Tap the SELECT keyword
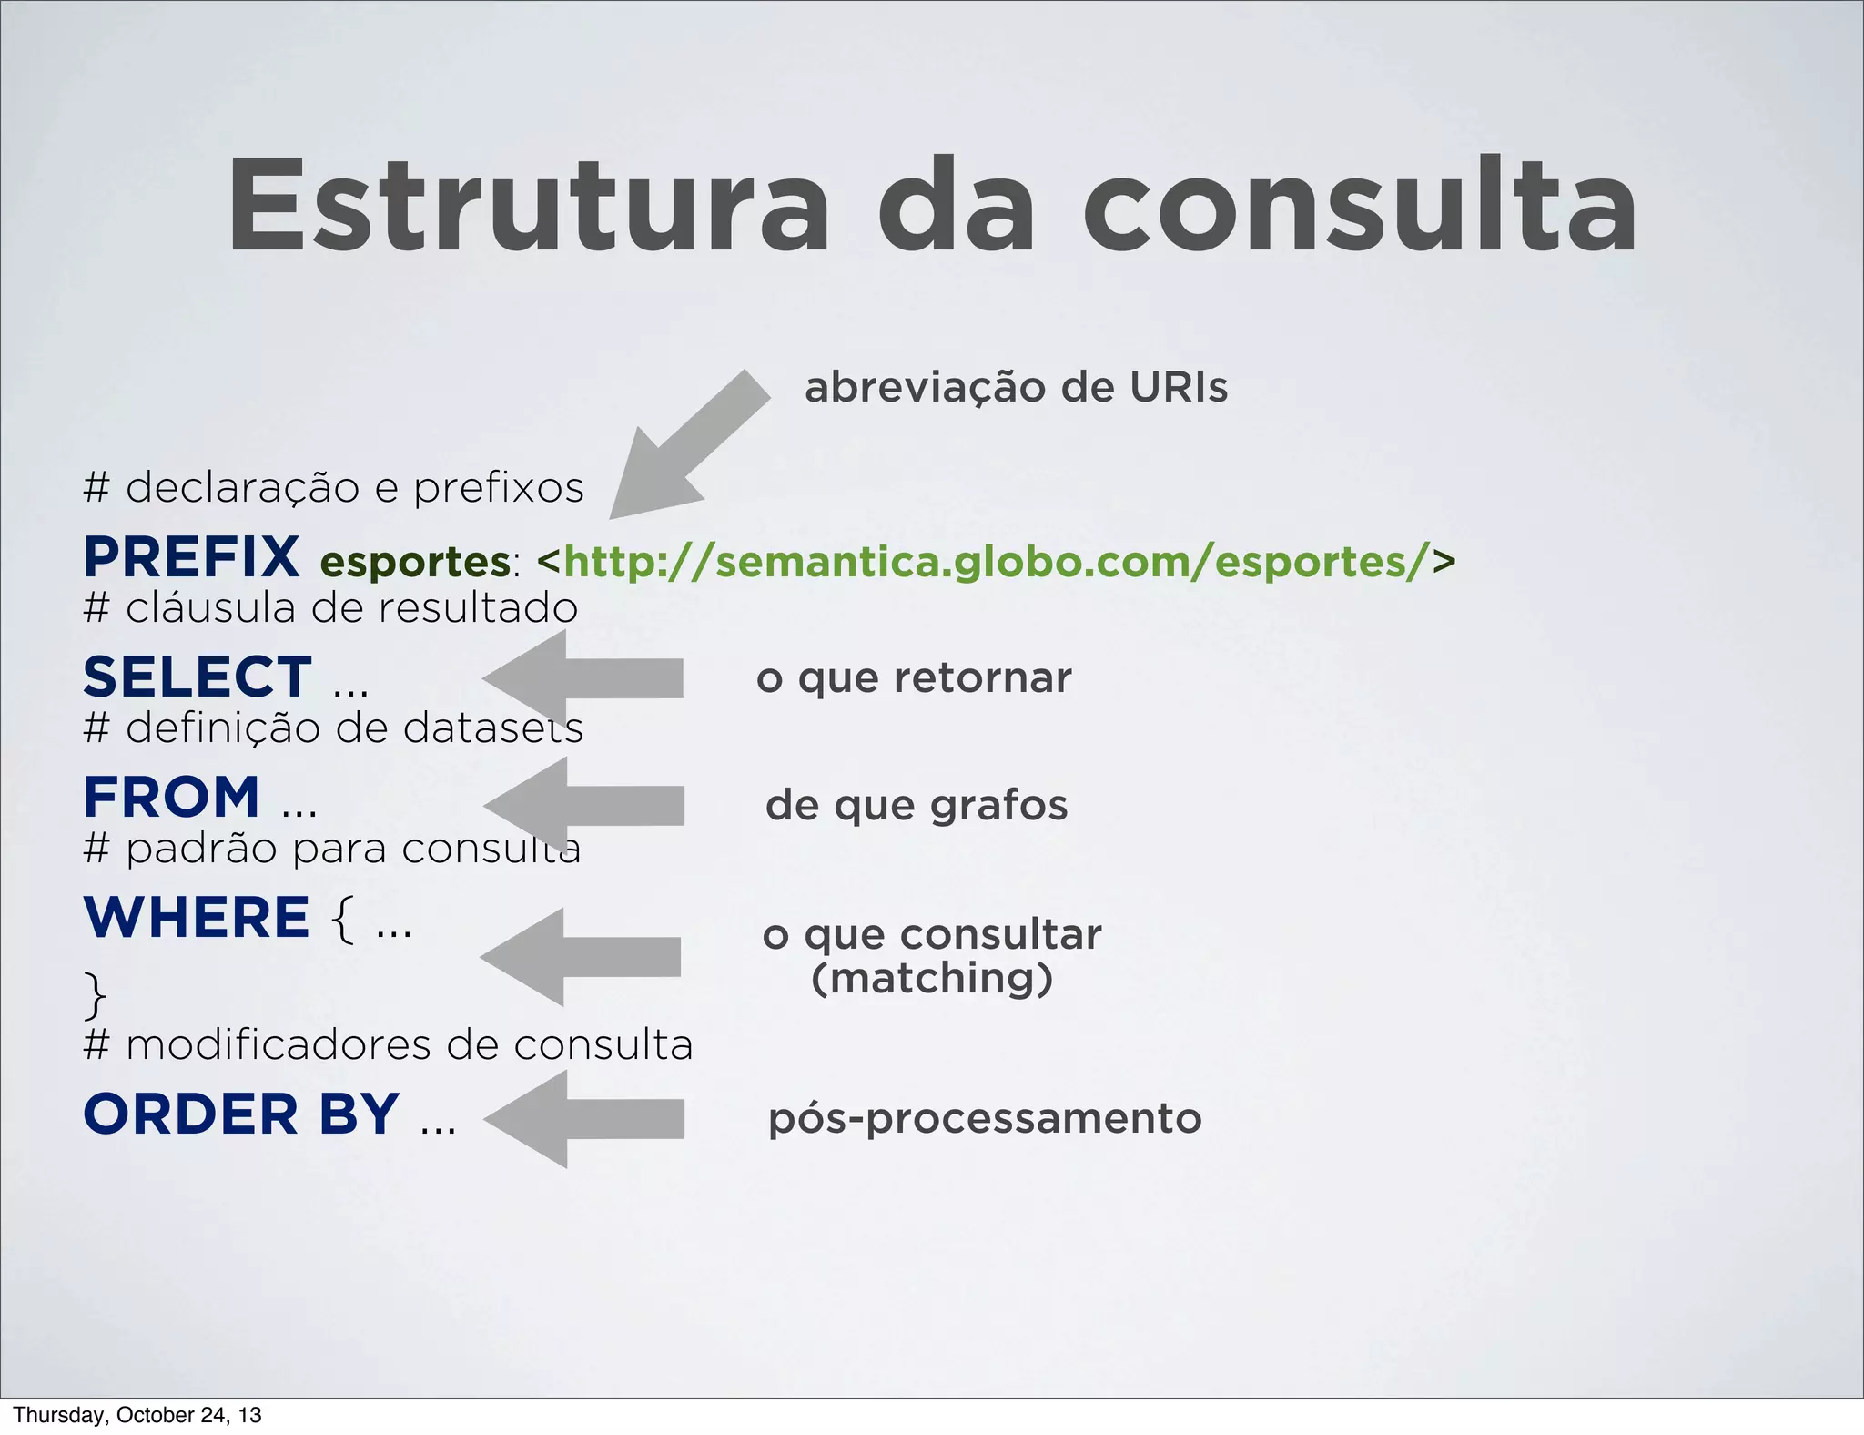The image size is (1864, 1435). pyautogui.click(x=198, y=677)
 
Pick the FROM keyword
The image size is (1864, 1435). pyautogui.click(x=172, y=797)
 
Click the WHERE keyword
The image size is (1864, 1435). pyautogui.click(x=197, y=917)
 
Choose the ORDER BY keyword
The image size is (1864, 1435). pyautogui.click(x=241, y=1114)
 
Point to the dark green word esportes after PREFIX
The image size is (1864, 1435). pyautogui.click(x=415, y=561)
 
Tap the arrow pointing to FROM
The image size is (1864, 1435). pyautogui.click(x=585, y=805)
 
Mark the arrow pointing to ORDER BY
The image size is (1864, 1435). pyautogui.click(x=585, y=1118)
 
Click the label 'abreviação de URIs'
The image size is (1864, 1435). pyautogui.click(x=1016, y=387)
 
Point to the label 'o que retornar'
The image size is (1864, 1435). pyautogui.click(x=914, y=677)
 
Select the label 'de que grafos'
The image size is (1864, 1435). pyautogui.click(x=917, y=805)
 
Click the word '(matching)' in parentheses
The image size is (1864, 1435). pyautogui.click(x=931, y=978)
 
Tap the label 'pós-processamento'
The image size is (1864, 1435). pyautogui.click(x=985, y=1118)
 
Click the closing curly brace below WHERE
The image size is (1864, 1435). pyautogui.click(x=95, y=994)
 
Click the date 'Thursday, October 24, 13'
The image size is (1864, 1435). pyautogui.click(x=137, y=1415)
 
